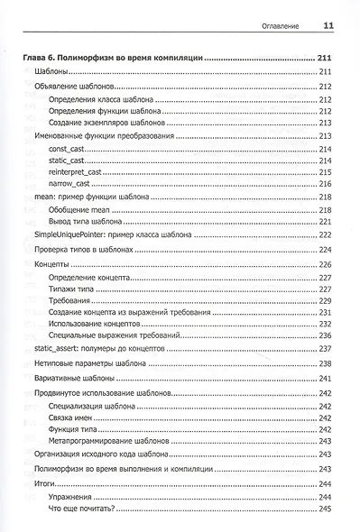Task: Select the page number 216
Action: [326, 183]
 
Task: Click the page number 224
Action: [326, 249]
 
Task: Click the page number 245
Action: [326, 511]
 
